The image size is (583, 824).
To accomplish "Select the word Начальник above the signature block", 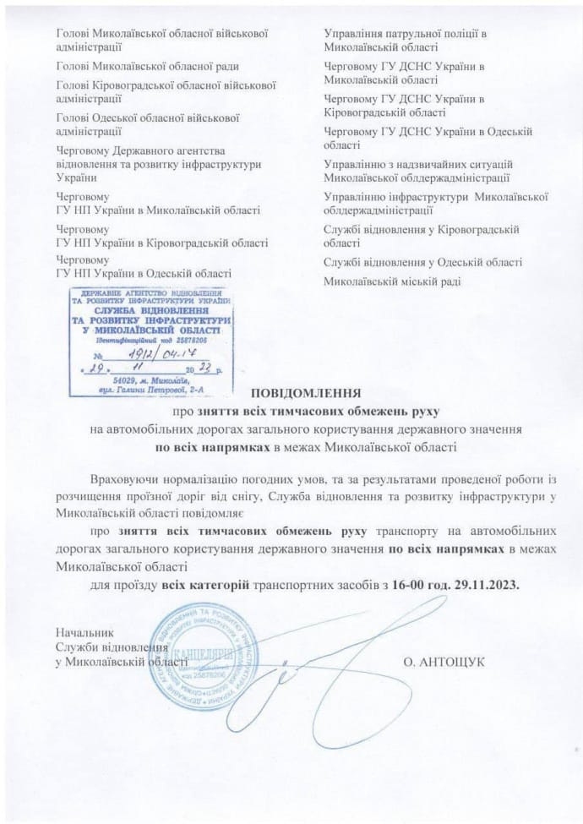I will [82, 632].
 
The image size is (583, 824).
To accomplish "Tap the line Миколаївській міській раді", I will [394, 281].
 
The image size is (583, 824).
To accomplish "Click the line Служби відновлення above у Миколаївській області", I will [110, 647].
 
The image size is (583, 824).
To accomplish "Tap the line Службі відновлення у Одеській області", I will [422, 263].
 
